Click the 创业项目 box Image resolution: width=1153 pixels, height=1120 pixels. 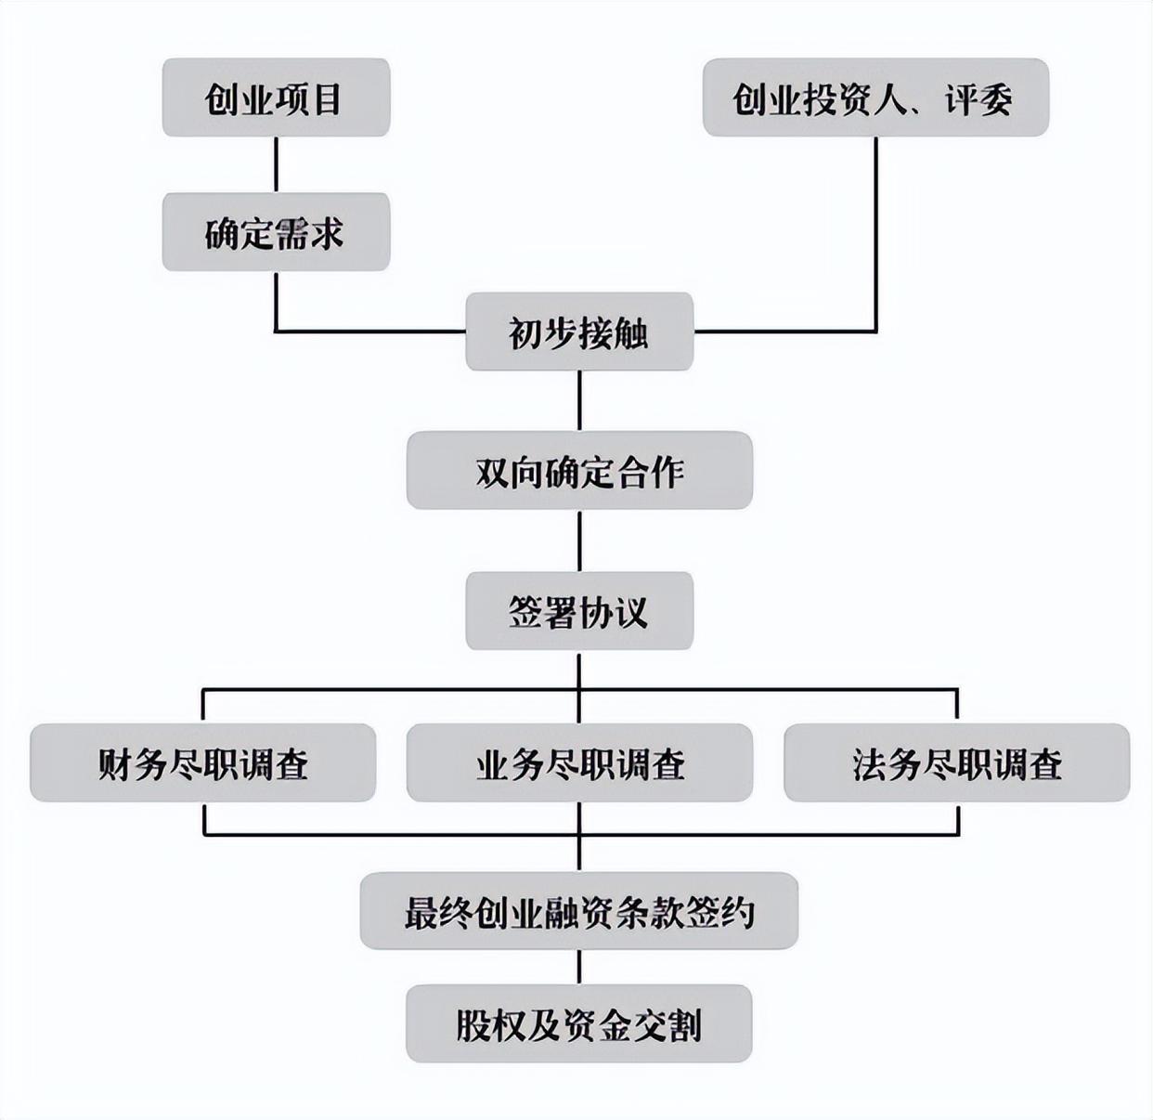276,98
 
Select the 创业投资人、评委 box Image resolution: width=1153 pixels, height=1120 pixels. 875,98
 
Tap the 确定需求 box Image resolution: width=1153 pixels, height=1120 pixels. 276,232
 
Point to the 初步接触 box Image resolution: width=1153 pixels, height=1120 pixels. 579,332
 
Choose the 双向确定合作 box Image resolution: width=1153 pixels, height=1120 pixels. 579,470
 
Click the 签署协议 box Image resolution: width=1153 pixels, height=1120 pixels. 579,611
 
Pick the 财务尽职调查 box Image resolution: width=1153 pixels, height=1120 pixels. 202,763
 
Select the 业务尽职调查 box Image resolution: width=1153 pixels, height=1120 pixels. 579,763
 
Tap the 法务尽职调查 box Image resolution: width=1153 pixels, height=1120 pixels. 956,763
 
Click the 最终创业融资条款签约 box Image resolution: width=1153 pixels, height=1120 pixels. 579,911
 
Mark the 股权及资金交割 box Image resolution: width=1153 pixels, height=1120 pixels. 579,1023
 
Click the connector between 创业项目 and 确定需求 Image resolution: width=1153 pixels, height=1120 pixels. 276,164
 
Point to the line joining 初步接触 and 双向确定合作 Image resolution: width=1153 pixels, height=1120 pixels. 579,400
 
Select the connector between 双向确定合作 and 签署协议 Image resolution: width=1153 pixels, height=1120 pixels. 579,540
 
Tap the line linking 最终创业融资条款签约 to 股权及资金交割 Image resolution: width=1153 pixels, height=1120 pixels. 579,967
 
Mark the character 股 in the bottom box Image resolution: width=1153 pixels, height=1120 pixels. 473,1024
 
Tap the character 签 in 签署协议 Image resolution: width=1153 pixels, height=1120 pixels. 525,612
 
